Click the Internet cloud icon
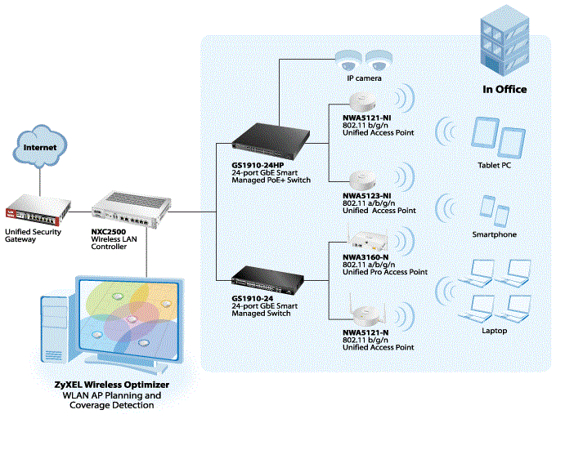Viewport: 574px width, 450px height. [40, 149]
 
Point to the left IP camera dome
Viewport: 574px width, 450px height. [348, 60]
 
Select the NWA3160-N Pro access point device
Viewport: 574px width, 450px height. [361, 237]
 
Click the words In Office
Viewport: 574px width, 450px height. [504, 89]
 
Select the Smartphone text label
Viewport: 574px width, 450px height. [495, 234]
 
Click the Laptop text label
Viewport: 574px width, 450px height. [494, 331]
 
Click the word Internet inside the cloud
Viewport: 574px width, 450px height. [40, 148]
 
